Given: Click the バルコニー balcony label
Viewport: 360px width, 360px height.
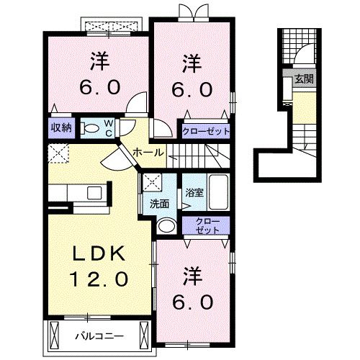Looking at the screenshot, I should coord(99,336).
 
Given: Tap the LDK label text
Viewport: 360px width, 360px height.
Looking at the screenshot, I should coord(99,253).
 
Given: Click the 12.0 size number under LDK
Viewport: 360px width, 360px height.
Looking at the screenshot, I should coord(99,278).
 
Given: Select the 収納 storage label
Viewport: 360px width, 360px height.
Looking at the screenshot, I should coord(60,128).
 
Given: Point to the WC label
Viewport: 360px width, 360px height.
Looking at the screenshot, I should coord(108,128).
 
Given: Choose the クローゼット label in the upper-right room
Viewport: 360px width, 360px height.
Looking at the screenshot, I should coord(205,132).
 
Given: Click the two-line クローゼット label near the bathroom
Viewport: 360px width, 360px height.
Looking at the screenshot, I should coord(206,226).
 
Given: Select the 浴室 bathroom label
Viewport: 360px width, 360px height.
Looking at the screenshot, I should coord(193,192).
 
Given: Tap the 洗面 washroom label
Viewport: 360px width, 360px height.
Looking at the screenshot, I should coord(159,204).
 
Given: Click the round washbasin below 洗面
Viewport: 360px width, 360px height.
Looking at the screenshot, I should coord(165,226).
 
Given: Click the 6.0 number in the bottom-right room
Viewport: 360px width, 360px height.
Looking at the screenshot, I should coord(192,302).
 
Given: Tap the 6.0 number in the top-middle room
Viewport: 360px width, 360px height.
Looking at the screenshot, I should coord(191,91).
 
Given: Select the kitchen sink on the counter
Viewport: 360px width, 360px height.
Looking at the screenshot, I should coord(92,193).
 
